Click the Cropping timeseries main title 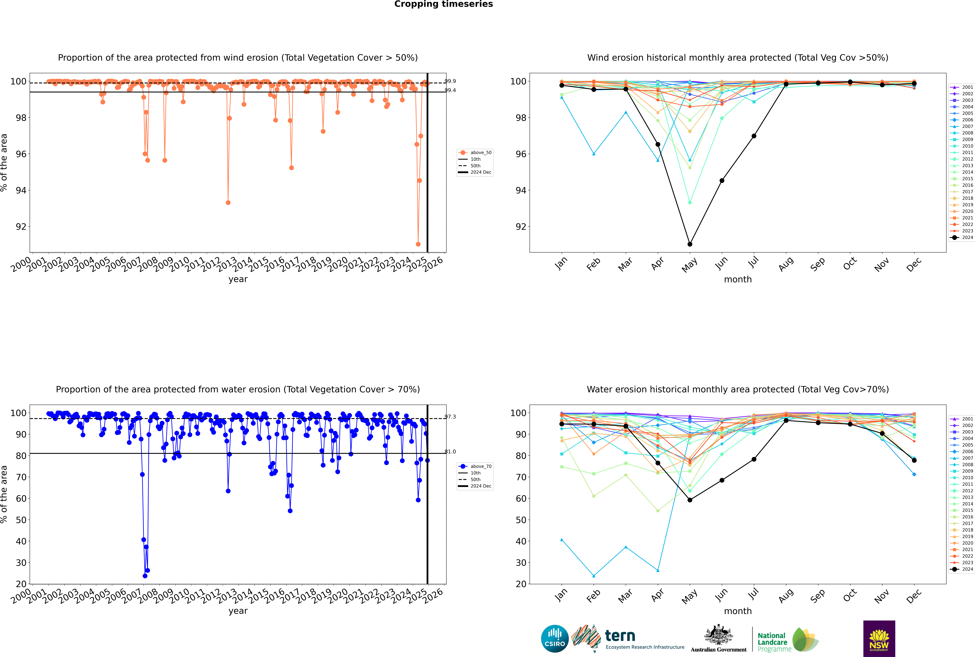pos(443,4)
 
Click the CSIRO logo pos(555,639)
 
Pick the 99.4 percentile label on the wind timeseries pos(450,90)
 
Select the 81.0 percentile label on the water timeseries pos(450,452)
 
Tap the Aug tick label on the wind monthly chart pos(786,264)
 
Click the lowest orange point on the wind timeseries pos(418,244)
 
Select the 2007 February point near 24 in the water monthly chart pos(594,576)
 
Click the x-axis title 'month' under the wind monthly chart pos(738,280)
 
